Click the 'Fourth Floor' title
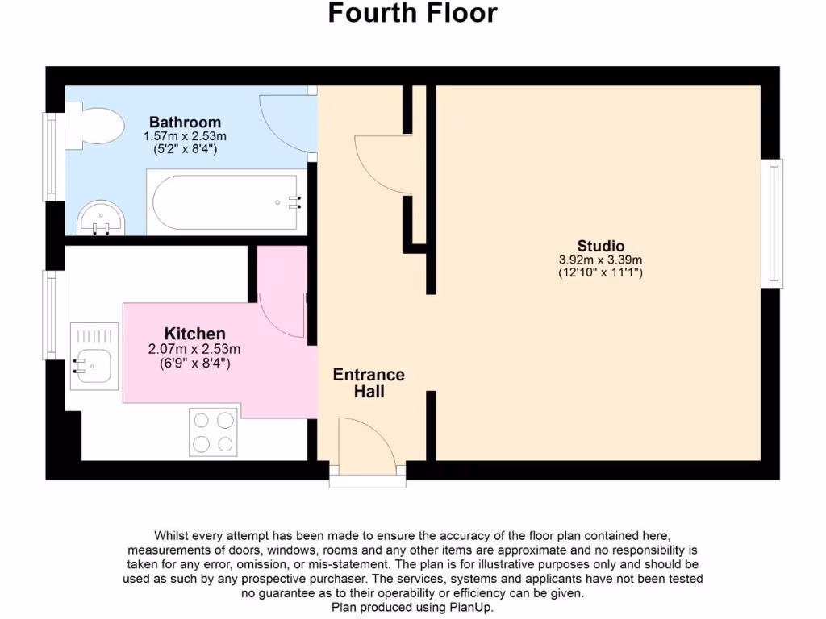pos(412,14)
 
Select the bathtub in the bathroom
pos(223,202)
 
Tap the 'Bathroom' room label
pos(185,123)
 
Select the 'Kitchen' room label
pos(194,334)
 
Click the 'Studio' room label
pos(600,246)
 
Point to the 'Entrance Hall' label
pos(369,383)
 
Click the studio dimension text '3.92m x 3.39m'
pos(600,260)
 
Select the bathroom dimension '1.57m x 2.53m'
pos(185,136)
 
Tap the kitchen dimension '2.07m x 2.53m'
pos(194,349)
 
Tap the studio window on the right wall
pos(775,222)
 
